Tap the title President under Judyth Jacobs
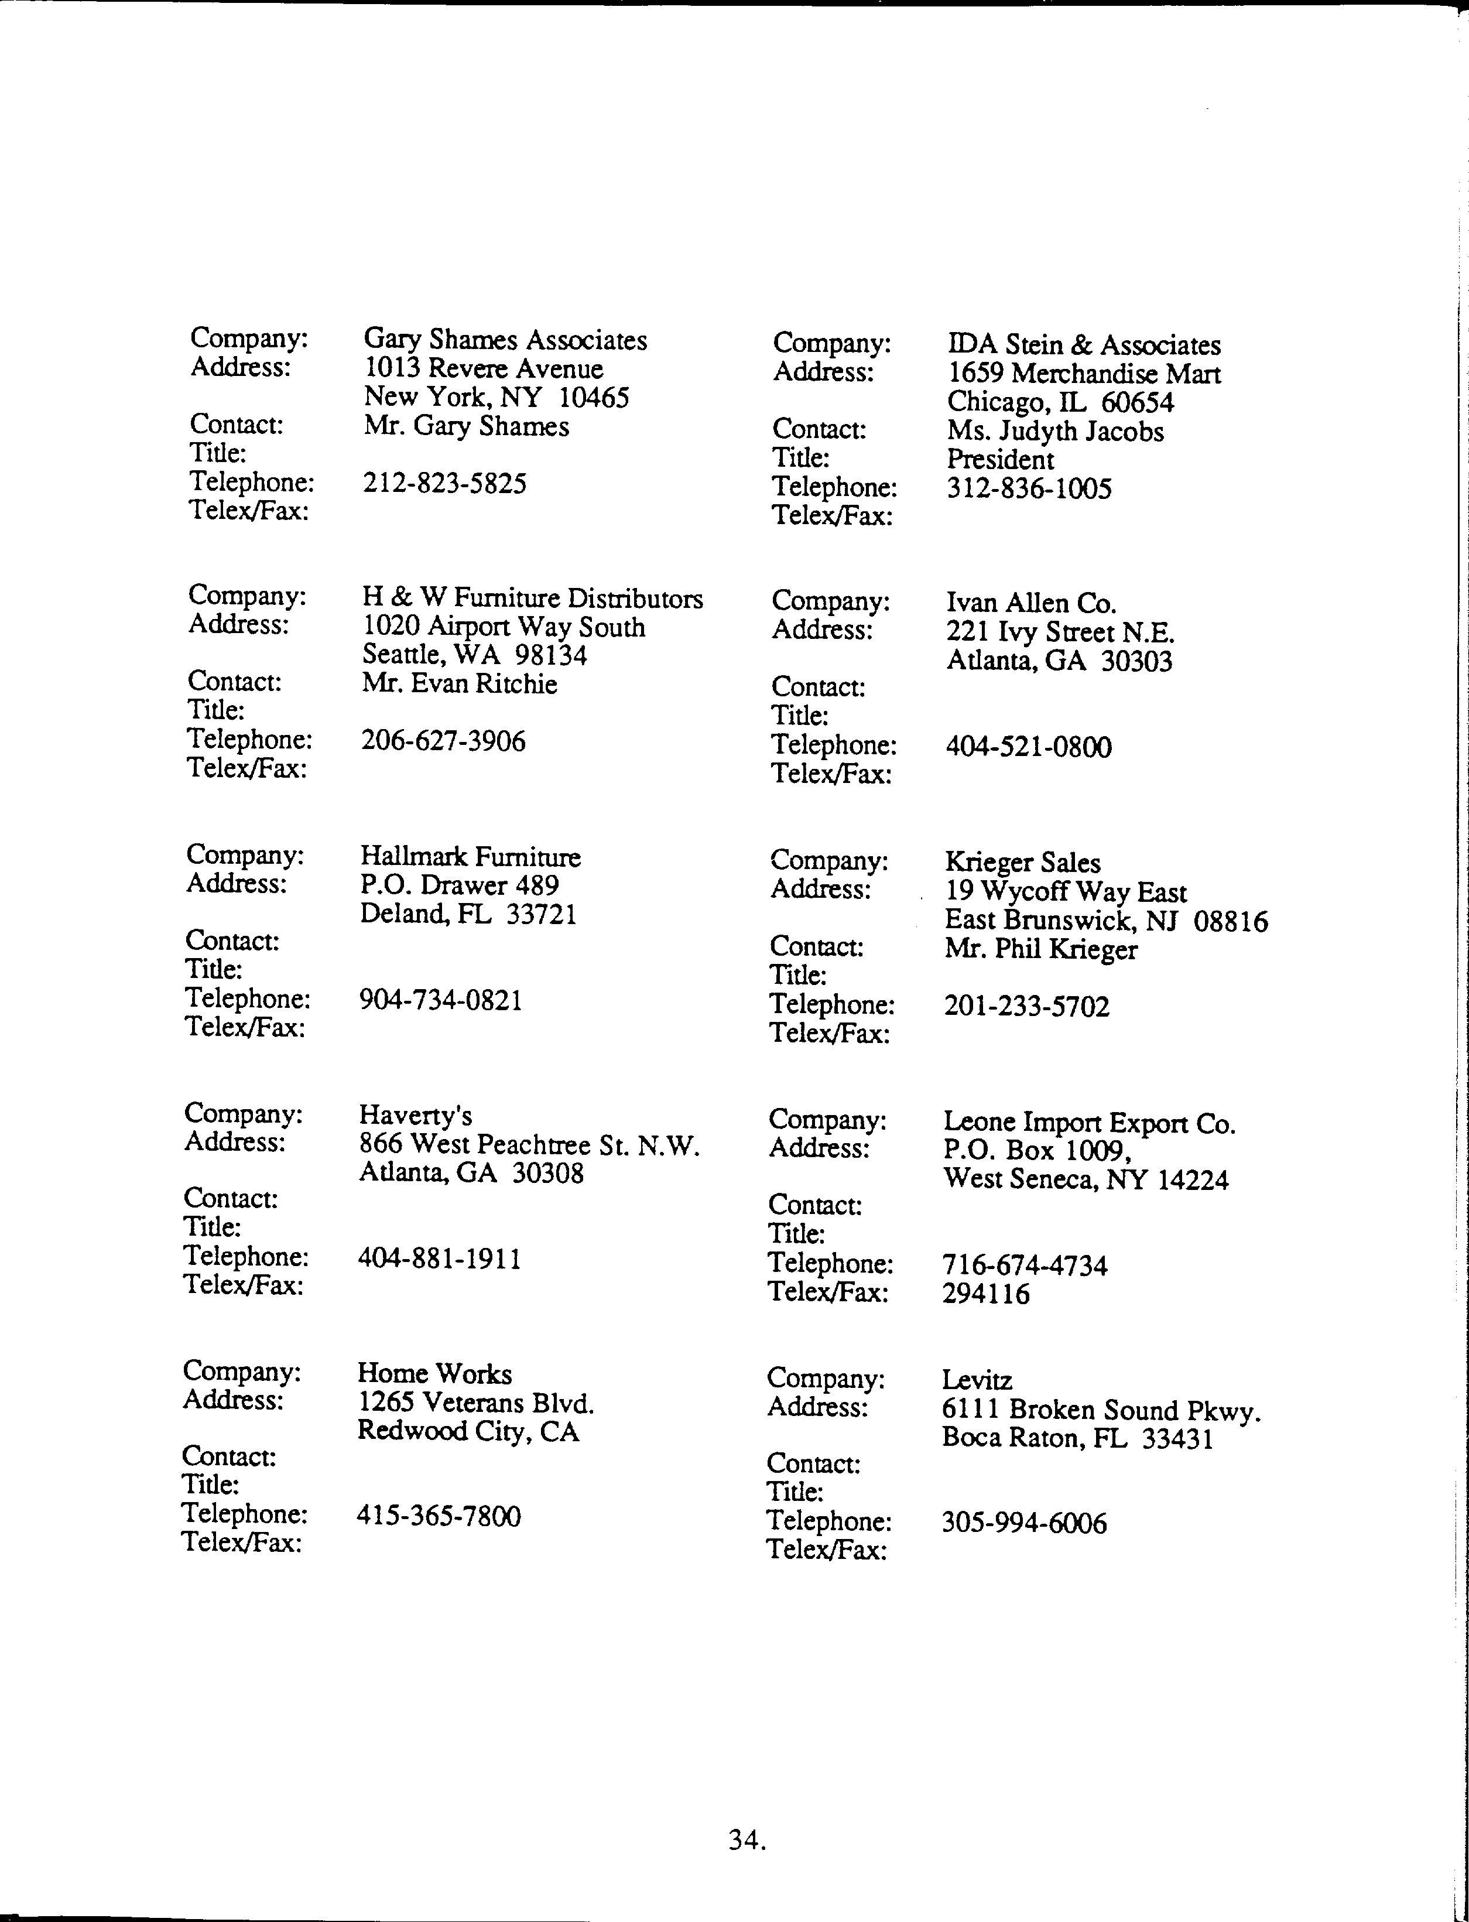1001,460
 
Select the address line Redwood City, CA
468,1431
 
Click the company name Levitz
977,1381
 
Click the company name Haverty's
415,1116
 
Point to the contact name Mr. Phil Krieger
1040,950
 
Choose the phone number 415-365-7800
438,1516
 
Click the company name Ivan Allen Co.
1031,603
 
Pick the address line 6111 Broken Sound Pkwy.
1101,1410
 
